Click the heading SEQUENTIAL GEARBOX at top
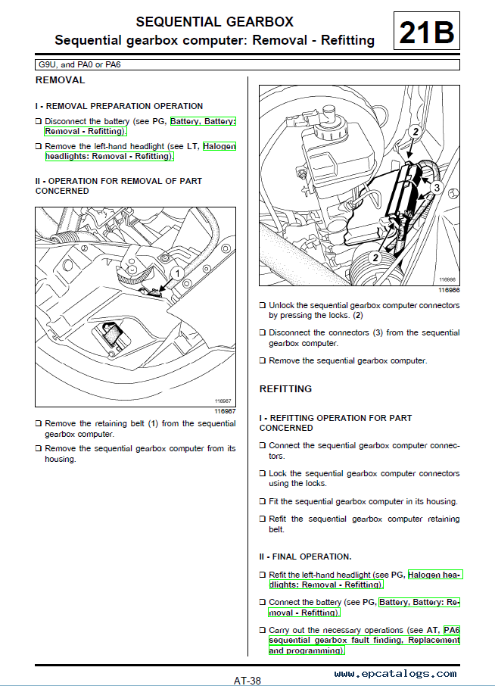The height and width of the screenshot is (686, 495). (213, 22)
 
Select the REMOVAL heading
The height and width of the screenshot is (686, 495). (61, 80)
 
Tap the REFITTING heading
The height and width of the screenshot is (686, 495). (285, 388)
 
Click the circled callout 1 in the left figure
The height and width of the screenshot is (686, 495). (175, 273)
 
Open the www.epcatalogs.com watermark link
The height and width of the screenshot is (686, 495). (395, 673)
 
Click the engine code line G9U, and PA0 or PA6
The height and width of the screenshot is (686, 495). (79, 64)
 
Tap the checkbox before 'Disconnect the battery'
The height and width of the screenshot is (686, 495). (39, 121)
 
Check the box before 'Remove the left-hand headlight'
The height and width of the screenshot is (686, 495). (39, 146)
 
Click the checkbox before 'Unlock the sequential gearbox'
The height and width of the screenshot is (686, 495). (263, 306)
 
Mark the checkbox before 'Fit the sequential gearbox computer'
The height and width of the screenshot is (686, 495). (263, 501)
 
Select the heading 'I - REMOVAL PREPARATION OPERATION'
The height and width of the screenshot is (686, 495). (119, 106)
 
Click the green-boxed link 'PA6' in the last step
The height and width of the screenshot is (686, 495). (452, 630)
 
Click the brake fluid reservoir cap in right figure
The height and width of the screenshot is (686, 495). (328, 114)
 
